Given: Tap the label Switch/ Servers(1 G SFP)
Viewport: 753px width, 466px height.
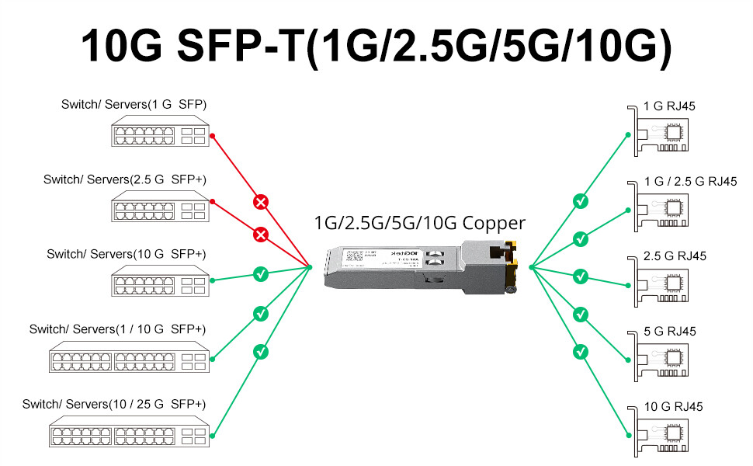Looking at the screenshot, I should point(134,105).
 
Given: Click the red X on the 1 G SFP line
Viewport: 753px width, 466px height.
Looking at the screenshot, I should point(262,203).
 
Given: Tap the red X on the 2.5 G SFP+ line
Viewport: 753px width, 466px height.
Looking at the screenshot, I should point(262,234).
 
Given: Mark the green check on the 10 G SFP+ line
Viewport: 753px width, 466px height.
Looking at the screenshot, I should point(262,274).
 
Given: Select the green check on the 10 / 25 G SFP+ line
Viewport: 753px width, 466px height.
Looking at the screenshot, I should point(262,352).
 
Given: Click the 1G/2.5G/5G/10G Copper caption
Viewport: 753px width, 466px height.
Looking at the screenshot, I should point(419,223).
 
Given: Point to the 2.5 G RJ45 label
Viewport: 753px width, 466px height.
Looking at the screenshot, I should point(675,256).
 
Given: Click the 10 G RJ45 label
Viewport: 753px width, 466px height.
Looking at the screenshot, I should point(674,406).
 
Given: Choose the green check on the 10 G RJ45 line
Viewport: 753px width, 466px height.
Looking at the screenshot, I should point(580,352).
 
